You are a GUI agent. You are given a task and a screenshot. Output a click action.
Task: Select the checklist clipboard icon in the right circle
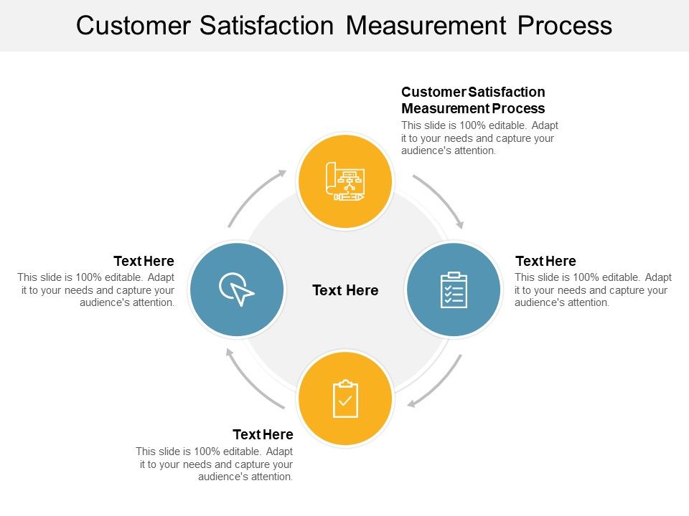click(x=454, y=290)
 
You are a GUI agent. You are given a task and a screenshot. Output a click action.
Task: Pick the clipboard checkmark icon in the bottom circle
click(x=345, y=398)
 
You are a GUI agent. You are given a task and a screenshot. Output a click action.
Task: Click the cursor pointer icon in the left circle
click(x=236, y=290)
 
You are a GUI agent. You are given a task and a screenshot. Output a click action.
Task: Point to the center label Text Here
click(x=345, y=290)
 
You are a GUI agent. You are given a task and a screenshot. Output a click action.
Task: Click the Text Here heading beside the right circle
click(x=545, y=261)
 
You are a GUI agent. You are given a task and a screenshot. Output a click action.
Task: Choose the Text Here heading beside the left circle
click(x=144, y=261)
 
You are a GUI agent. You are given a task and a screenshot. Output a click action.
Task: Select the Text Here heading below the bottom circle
click(x=263, y=434)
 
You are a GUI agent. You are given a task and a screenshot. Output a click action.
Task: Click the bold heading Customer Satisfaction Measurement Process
click(x=473, y=100)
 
